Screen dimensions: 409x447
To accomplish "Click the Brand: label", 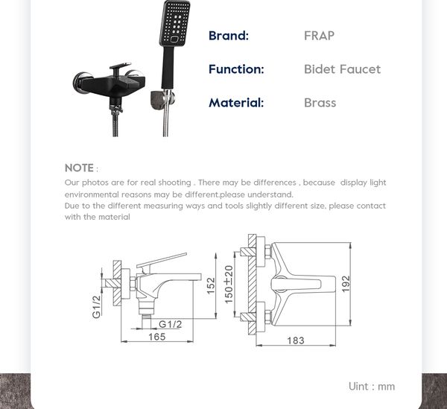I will tap(228, 35).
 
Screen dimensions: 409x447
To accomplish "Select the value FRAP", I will tap(319, 35).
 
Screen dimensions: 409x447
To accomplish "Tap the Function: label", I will tap(236, 69).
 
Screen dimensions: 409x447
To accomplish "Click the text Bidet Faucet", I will tap(342, 69).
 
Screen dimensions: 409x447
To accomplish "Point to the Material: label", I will tap(236, 103).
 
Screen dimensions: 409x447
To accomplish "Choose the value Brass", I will tap(320, 103).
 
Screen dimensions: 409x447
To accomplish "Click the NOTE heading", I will tap(80, 168).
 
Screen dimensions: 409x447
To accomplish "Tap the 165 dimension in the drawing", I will tap(156, 337).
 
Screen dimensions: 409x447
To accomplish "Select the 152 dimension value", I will tap(211, 285).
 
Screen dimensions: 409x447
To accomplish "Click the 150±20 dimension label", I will tap(229, 284).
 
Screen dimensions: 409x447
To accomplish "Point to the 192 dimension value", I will tap(345, 284).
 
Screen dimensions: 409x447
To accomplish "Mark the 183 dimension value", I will tap(295, 340).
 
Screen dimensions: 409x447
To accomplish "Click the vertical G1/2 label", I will tap(97, 305).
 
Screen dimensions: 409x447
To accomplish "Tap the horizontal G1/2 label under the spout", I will tap(171, 323).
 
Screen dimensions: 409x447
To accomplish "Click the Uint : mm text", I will tap(371, 386).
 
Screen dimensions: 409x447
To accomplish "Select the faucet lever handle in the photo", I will tap(119, 69).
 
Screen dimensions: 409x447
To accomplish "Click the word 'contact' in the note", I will tap(369, 206).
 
